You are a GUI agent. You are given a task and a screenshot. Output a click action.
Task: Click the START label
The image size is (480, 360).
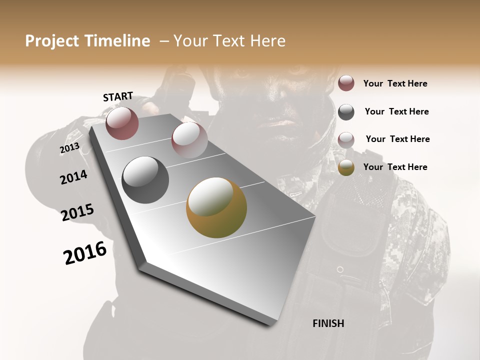118,96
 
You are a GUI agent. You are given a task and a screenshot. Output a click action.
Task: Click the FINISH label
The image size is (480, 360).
328,323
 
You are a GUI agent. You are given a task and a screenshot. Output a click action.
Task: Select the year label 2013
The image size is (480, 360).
69,148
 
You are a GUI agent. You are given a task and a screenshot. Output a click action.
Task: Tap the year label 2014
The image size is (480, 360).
73,177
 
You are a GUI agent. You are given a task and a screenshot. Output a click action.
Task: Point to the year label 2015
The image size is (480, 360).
77,212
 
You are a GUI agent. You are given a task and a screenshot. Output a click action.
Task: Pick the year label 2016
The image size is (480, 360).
85,253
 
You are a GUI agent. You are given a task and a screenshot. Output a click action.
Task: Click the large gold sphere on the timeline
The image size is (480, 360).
216,207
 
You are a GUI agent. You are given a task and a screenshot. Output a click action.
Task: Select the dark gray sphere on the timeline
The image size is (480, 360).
145,180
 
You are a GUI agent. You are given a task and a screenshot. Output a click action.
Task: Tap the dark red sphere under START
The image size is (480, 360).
122,123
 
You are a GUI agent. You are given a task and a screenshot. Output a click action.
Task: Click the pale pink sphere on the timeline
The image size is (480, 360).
189,139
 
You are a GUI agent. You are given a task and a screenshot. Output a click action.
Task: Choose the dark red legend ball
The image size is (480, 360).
346,83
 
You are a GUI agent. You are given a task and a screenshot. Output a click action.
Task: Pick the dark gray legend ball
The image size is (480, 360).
346,112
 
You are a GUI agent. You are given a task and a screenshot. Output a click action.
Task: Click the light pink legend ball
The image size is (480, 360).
346,140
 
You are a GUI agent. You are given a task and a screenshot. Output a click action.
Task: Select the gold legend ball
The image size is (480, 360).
346,168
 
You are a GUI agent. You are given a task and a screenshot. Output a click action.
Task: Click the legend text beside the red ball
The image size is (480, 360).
395,83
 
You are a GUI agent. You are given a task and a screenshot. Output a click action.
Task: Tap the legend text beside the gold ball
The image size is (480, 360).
395,167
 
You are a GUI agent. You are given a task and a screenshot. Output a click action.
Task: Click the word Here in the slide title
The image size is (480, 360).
267,41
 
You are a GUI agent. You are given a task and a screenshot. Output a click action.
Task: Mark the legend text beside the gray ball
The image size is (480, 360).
396,111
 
